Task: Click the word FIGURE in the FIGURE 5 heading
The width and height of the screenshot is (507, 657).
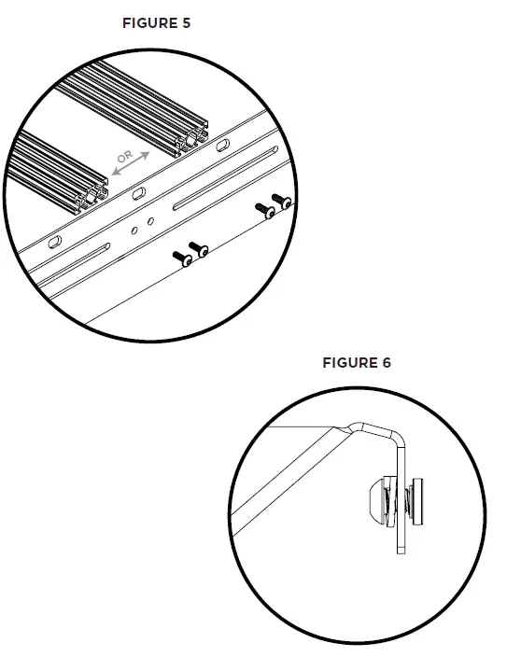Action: pyautogui.click(x=148, y=23)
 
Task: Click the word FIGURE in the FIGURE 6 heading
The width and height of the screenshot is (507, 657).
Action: pyautogui.click(x=348, y=362)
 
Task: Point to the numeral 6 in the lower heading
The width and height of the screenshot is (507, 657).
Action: pyautogui.click(x=387, y=362)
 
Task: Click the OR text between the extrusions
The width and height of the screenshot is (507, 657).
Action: pyautogui.click(x=126, y=156)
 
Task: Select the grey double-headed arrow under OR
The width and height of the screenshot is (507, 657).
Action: pyautogui.click(x=132, y=164)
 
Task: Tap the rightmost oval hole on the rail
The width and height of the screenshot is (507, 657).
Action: pyautogui.click(x=224, y=147)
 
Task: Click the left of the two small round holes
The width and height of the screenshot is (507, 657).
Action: pyautogui.click(x=136, y=227)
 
